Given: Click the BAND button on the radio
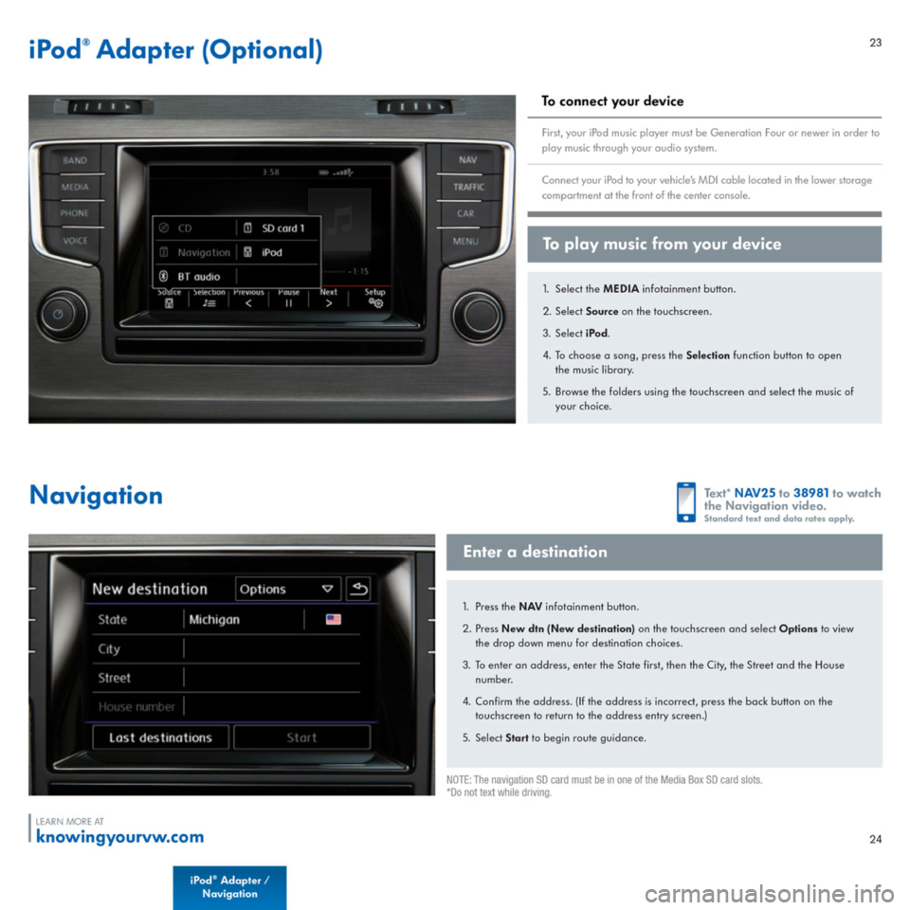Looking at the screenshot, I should (75, 161).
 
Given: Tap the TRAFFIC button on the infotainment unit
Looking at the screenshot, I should (468, 188).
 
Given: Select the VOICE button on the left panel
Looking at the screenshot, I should (75, 241).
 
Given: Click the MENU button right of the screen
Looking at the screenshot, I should (465, 241).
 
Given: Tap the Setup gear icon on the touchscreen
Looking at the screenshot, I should (375, 304).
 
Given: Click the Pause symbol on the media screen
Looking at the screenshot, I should (288, 304).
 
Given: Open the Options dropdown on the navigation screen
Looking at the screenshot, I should (288, 589).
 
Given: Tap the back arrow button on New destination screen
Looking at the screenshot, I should (358, 589).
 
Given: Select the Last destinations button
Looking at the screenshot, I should (160, 737).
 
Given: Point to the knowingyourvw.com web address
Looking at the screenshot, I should (119, 837).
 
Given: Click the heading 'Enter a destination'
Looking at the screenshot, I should (536, 552).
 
